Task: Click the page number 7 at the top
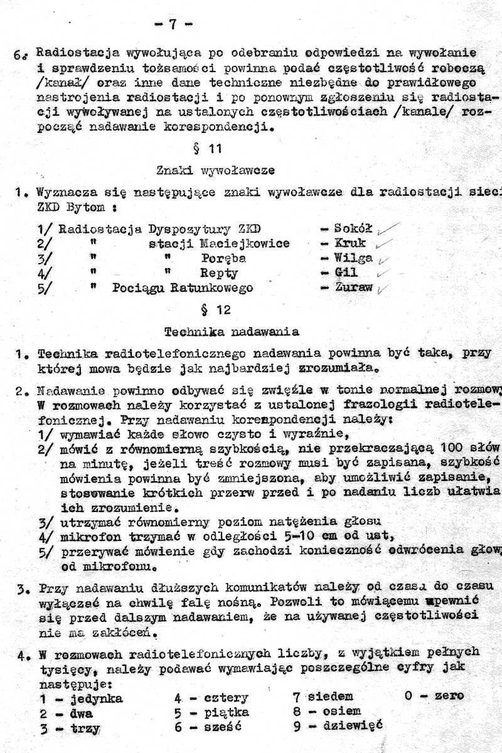[x=172, y=24]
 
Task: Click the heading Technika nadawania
[x=231, y=331]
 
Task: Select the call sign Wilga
[x=353, y=258]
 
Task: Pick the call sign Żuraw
[x=353, y=288]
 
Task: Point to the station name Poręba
[x=223, y=258]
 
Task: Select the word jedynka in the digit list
[x=96, y=698]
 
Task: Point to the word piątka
[x=227, y=712]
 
